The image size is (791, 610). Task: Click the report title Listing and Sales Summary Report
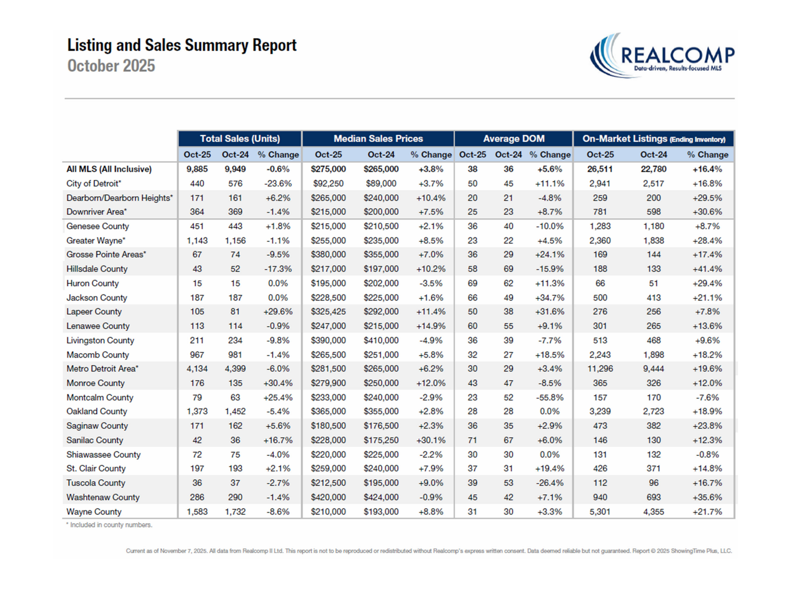(x=182, y=45)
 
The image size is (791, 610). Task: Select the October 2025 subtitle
(x=111, y=66)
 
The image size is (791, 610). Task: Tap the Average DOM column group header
(x=513, y=139)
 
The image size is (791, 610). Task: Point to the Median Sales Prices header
(x=378, y=139)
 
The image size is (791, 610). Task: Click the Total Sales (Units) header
(x=240, y=139)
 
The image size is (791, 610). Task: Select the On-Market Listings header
(x=653, y=139)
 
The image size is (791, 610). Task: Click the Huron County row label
(x=93, y=283)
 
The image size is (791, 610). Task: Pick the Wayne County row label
(x=94, y=511)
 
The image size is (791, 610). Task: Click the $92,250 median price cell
(x=328, y=184)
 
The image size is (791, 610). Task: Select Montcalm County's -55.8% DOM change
(x=549, y=397)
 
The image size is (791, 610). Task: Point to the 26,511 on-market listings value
(x=600, y=169)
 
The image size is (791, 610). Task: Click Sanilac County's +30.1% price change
(x=430, y=440)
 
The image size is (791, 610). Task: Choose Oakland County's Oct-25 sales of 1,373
(x=197, y=411)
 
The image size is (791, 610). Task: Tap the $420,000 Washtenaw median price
(x=328, y=497)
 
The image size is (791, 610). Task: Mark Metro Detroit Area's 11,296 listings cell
(x=600, y=368)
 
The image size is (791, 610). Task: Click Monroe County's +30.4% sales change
(x=278, y=383)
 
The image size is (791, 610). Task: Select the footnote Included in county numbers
(x=109, y=525)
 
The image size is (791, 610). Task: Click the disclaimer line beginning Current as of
(x=428, y=551)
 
